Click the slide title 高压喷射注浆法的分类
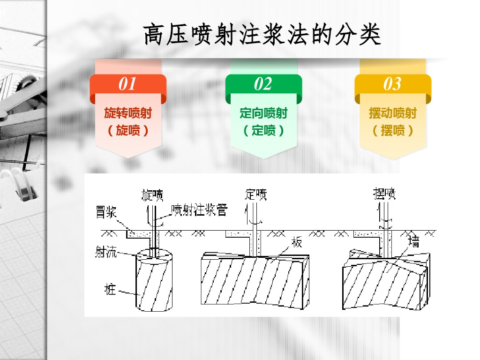[262, 35]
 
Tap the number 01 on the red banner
[127, 84]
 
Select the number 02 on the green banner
[263, 84]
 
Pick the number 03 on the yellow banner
[392, 84]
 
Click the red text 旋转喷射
[128, 113]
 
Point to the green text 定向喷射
[263, 113]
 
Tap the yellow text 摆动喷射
[393, 113]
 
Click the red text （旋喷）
[128, 130]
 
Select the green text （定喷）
[263, 130]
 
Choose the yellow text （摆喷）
[393, 130]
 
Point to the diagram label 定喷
[256, 194]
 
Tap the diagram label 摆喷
[385, 193]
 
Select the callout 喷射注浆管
[199, 210]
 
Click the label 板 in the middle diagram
[296, 242]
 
